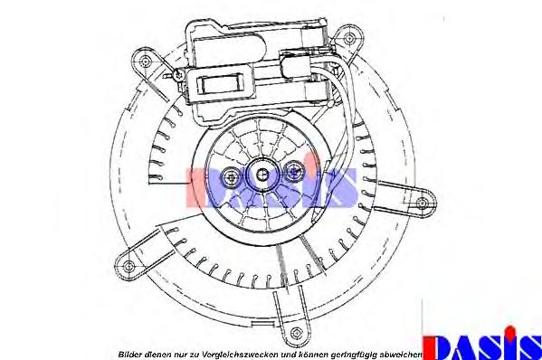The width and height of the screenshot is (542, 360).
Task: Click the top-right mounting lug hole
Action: [344, 38]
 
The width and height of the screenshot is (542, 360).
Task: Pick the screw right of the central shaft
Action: [293, 170]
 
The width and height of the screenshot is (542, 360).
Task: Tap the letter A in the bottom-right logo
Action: [464, 344]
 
